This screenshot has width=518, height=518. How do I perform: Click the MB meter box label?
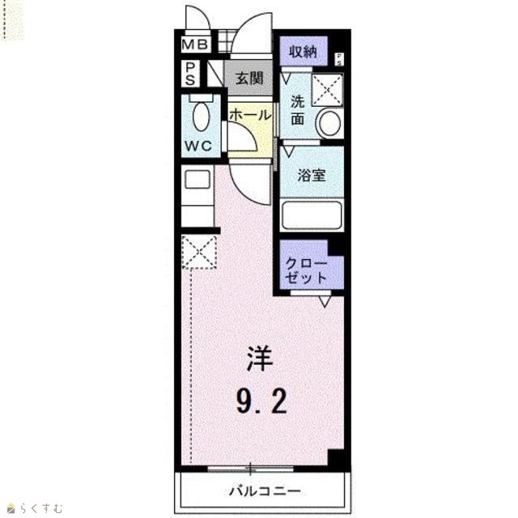(x=195, y=45)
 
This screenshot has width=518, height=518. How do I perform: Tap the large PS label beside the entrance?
(x=190, y=74)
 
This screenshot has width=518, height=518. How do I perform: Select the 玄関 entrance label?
(x=249, y=79)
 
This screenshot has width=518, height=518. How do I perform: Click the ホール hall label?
(x=250, y=115)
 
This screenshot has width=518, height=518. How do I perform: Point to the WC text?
(x=198, y=146)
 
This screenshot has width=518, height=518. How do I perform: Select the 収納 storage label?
(x=304, y=52)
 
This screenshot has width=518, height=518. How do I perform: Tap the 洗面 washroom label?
(x=297, y=110)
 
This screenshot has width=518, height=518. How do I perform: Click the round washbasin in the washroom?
(x=330, y=123)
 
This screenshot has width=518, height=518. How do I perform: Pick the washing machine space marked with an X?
(x=327, y=90)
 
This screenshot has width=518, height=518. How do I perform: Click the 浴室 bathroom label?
(x=312, y=175)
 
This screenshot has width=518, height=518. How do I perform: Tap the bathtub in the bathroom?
(x=312, y=214)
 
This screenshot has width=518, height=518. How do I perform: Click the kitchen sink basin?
(x=197, y=179)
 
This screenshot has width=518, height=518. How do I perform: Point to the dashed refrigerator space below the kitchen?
(x=199, y=252)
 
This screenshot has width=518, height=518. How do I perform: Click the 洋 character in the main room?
(x=261, y=358)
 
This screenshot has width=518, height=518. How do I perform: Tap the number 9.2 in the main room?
(x=261, y=401)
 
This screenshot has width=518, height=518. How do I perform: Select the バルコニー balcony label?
(x=265, y=491)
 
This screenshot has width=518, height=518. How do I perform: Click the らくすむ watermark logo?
(x=36, y=507)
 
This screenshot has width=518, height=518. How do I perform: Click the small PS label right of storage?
(x=339, y=59)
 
